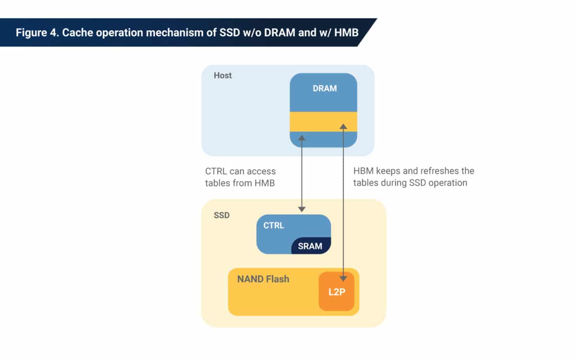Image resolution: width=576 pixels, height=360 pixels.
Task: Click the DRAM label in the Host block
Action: click(x=324, y=89)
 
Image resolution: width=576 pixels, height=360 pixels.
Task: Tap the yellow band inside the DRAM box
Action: click(x=323, y=121)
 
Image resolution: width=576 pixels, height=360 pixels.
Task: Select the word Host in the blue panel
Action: click(x=223, y=76)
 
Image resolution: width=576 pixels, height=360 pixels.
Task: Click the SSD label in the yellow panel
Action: click(x=221, y=215)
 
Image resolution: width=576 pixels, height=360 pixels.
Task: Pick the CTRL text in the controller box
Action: click(x=274, y=225)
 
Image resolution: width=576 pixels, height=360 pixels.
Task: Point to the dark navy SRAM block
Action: click(x=310, y=246)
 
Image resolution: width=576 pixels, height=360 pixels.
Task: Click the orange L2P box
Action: click(x=336, y=291)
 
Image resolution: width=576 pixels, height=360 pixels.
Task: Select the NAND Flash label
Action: click(x=263, y=279)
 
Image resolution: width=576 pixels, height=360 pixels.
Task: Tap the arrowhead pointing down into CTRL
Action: click(x=301, y=208)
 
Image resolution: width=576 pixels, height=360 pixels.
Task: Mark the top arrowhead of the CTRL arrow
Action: click(x=301, y=137)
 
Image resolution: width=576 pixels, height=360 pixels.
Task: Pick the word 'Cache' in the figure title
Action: click(x=76, y=33)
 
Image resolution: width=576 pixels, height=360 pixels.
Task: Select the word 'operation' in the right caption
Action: click(x=450, y=183)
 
